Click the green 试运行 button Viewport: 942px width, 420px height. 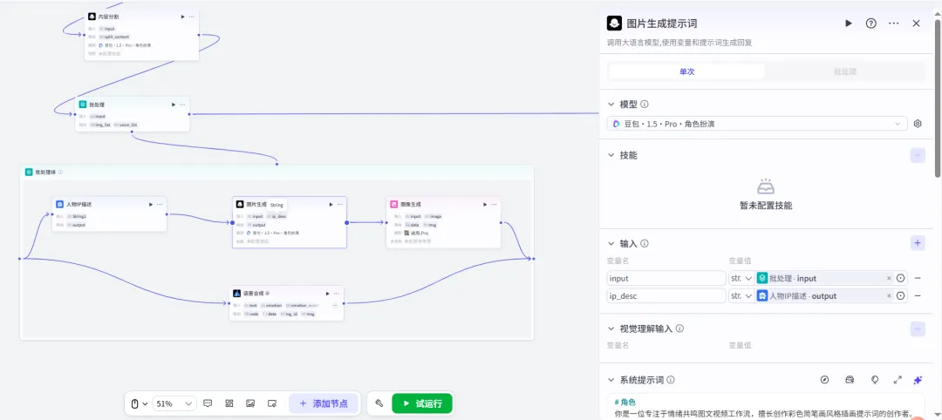[x=423, y=403]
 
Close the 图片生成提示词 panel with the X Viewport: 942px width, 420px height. [x=916, y=24]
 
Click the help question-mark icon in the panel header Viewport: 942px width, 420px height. [x=870, y=24]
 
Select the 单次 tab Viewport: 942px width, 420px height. [x=686, y=71]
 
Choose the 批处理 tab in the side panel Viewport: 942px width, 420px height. [x=844, y=71]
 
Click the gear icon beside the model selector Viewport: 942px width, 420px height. [x=918, y=124]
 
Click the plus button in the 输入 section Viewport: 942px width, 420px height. [x=918, y=243]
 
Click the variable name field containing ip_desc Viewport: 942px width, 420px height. [x=665, y=296]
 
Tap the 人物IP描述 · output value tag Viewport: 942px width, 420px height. [x=802, y=296]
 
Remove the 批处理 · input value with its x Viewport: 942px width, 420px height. [x=890, y=278]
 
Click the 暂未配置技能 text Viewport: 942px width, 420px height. [x=766, y=206]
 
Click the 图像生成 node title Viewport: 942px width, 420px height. [x=411, y=204]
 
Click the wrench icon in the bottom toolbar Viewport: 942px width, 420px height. [x=379, y=403]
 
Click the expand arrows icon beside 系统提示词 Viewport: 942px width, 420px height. [x=898, y=380]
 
